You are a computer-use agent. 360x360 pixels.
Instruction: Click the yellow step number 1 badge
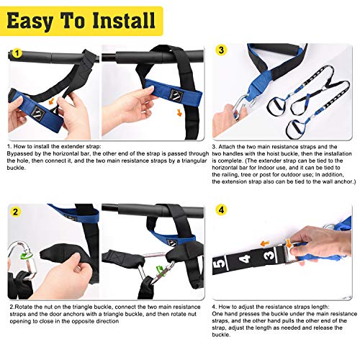17,53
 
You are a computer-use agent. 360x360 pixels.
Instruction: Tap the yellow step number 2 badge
16,212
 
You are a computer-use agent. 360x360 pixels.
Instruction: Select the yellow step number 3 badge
221,50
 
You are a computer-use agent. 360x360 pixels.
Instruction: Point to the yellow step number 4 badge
221,210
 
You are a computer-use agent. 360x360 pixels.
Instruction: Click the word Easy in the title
30,21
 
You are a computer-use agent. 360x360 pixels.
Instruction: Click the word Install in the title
124,20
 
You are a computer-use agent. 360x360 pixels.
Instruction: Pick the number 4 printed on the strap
245,258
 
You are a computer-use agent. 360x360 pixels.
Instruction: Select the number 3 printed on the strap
269,254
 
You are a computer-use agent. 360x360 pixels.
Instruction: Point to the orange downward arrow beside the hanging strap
179,112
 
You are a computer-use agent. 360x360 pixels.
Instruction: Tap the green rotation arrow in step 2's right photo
160,269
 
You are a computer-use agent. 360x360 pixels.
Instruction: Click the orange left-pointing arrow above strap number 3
265,244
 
